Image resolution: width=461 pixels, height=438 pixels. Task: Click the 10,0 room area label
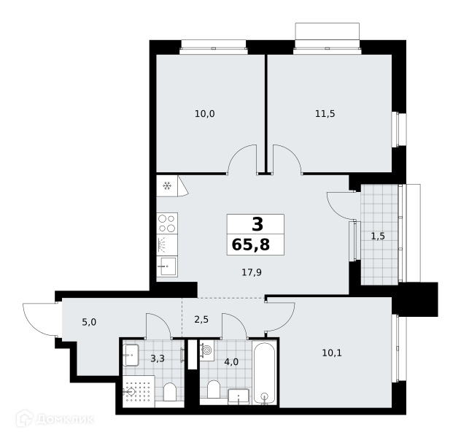pos(205,114)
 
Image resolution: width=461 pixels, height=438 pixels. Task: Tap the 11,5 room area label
pos(325,114)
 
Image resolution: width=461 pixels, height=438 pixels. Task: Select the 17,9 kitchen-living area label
pos(252,272)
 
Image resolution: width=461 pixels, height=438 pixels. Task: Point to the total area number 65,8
pos(251,245)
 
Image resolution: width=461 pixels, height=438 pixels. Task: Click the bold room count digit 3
pos(257,224)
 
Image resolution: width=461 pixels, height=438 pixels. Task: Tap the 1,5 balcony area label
pos(378,236)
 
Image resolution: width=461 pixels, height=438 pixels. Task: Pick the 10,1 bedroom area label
pos(332,353)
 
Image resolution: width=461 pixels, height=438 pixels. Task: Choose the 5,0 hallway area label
pos(89,322)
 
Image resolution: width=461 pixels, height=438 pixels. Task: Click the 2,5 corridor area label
pos(201,319)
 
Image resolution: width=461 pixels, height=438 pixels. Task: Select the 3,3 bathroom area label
pos(158,358)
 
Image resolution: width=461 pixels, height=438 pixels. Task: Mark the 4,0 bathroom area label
pos(231,362)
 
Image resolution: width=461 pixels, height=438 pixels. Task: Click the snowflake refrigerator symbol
pos(167,186)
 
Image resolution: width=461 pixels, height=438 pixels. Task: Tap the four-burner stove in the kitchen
pos(167,223)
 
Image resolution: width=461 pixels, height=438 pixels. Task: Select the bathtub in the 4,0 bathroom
pos(264,372)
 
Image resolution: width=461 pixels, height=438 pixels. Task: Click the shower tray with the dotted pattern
pos(139,391)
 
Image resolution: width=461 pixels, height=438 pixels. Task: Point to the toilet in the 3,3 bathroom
pos(170,392)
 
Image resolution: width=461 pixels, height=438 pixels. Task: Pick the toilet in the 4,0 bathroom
pos(214,390)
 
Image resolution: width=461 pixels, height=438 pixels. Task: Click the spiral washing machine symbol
pos(206,350)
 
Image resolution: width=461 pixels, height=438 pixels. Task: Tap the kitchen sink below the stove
pos(167,266)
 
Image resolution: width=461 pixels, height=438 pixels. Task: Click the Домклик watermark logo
pos(55,419)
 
